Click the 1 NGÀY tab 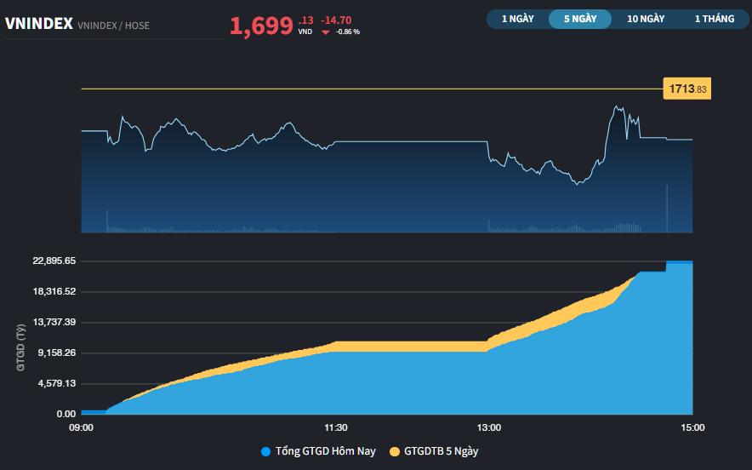pyautogui.click(x=517, y=19)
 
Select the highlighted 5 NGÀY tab pyautogui.click(x=580, y=19)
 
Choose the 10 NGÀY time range pyautogui.click(x=646, y=19)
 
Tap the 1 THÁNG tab pyautogui.click(x=714, y=19)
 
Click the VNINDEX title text pyautogui.click(x=38, y=25)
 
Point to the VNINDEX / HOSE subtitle pyautogui.click(x=113, y=26)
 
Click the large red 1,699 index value pyautogui.click(x=261, y=26)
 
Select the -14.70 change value pyautogui.click(x=336, y=20)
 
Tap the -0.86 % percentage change pyautogui.click(x=348, y=32)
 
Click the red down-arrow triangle pyautogui.click(x=325, y=32)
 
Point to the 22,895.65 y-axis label pyautogui.click(x=54, y=261)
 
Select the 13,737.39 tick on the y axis pyautogui.click(x=54, y=322)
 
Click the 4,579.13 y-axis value pyautogui.click(x=54, y=383)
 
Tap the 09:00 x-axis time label pyautogui.click(x=81, y=427)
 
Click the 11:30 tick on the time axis pyautogui.click(x=336, y=427)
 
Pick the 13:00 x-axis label pyautogui.click(x=489, y=427)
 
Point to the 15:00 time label pyautogui.click(x=692, y=427)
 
